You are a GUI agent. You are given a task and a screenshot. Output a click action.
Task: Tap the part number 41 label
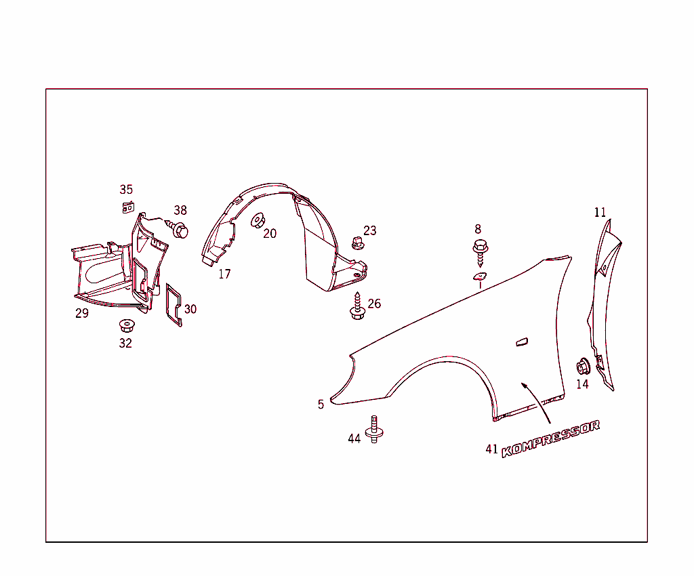(x=492, y=449)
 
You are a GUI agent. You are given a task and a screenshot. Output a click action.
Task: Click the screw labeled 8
(x=481, y=252)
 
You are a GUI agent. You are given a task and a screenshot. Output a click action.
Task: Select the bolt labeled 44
(x=374, y=429)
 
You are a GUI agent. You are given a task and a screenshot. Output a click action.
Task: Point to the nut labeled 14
(x=584, y=367)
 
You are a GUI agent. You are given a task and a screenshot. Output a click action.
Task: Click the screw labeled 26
(x=357, y=306)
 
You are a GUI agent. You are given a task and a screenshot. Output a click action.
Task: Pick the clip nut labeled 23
(x=358, y=243)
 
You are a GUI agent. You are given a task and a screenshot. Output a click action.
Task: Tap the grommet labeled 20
(x=258, y=220)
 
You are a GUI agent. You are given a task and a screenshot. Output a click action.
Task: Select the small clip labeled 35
(x=128, y=207)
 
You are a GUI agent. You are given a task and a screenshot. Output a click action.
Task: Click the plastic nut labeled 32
(x=127, y=326)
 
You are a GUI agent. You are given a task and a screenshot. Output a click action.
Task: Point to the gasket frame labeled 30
(x=173, y=305)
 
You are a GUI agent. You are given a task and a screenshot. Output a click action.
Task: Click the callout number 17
(x=224, y=274)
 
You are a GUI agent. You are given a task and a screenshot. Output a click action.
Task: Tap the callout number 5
(x=321, y=405)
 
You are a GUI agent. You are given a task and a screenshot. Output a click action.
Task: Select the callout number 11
(x=600, y=212)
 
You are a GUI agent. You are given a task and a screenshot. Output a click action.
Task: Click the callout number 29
(x=82, y=313)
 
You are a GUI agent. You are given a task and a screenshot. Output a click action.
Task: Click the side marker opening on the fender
(x=522, y=342)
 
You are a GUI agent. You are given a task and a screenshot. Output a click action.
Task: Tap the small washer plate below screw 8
(x=479, y=276)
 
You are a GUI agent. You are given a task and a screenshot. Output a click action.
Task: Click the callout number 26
(x=374, y=304)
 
